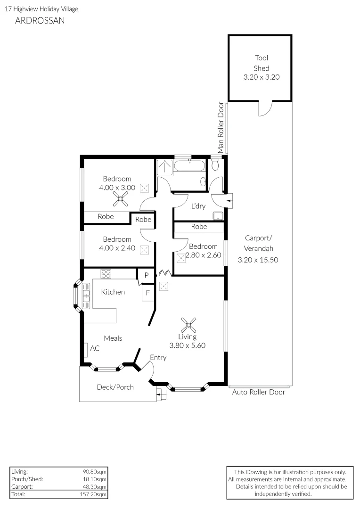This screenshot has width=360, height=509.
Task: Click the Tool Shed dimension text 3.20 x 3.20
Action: [x=262, y=77]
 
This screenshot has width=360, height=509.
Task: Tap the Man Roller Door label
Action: [x=221, y=127]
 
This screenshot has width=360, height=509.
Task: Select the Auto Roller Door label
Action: [x=258, y=392]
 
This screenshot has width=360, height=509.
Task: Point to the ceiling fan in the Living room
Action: [x=188, y=325]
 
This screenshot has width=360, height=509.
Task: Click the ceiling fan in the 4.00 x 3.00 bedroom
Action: [x=121, y=199]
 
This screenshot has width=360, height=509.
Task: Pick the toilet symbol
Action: [x=215, y=164]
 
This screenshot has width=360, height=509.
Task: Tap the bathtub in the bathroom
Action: [x=190, y=166]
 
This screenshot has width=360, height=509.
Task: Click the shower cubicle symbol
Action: [x=165, y=167]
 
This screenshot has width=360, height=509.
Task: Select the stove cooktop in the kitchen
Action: [x=106, y=274]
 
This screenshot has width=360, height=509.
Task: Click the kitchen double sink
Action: [x=86, y=296]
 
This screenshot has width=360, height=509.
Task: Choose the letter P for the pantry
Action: [x=147, y=275]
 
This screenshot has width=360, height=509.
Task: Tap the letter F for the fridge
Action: [x=147, y=293]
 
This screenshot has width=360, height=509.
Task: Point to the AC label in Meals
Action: [x=95, y=348]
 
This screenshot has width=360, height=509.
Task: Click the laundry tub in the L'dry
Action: [x=218, y=216]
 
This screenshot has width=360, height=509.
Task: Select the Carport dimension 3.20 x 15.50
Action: [x=258, y=260]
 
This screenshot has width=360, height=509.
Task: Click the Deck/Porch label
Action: [x=115, y=387]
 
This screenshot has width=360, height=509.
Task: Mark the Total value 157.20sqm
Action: [x=93, y=494]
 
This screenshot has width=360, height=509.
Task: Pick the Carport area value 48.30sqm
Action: [x=94, y=486]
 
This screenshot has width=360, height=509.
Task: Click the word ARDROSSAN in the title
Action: [x=40, y=20]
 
